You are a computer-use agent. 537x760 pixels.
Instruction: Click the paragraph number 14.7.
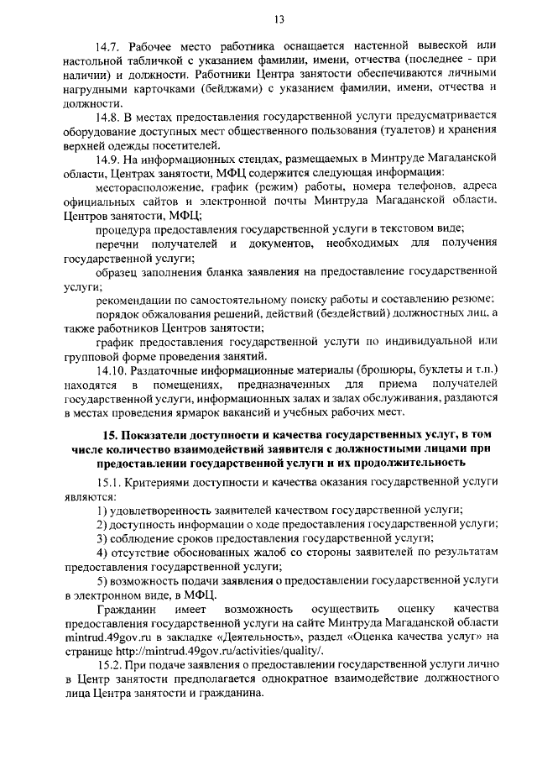click(x=111, y=44)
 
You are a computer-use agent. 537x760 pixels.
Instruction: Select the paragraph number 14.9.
click(x=111, y=159)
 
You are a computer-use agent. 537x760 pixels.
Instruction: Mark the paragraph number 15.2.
click(x=111, y=666)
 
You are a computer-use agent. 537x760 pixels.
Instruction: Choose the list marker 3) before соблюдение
click(x=101, y=537)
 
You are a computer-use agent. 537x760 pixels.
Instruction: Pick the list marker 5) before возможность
click(x=101, y=581)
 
